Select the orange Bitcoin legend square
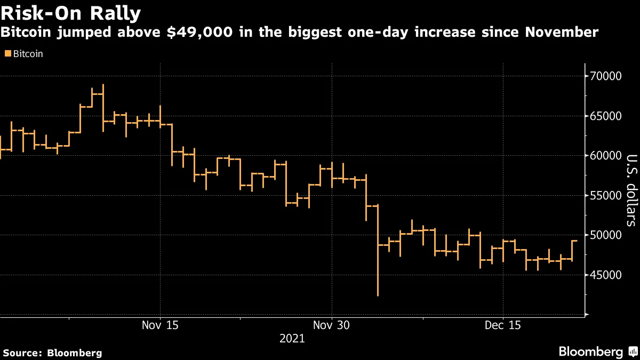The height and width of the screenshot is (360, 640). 7,54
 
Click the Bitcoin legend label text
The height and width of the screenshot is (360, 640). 28,54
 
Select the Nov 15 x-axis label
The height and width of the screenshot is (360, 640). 160,325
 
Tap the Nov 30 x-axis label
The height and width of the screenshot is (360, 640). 332,325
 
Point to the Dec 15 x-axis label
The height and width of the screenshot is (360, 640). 503,325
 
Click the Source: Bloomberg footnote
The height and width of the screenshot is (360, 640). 52,353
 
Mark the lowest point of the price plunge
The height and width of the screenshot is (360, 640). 378,295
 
